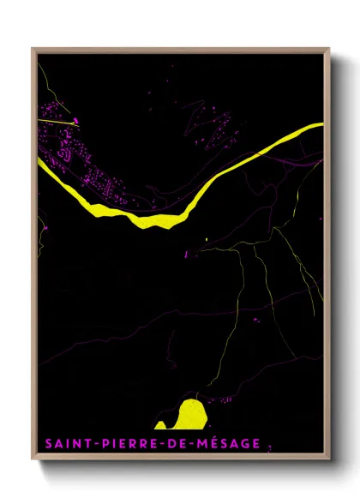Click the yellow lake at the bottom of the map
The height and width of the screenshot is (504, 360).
click(183, 414)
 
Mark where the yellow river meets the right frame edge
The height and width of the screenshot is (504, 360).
click(323, 125)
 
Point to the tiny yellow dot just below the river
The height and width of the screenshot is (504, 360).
click(207, 239)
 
